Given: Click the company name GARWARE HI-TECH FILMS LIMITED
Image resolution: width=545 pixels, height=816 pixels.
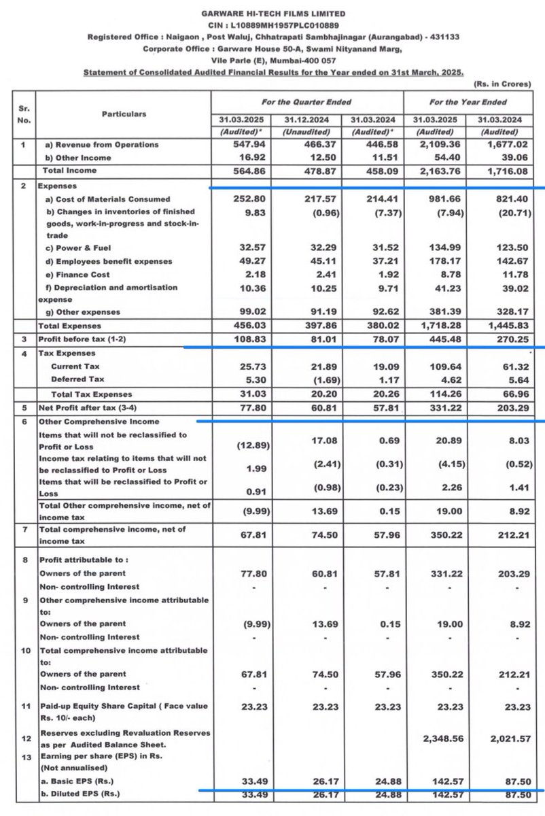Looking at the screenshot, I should [273, 14].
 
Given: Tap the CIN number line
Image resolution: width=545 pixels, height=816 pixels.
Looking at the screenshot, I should [273, 24].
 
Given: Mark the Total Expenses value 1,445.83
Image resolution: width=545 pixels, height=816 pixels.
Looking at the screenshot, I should [506, 326].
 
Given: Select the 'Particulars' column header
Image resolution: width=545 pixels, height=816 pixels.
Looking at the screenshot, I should [124, 114].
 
